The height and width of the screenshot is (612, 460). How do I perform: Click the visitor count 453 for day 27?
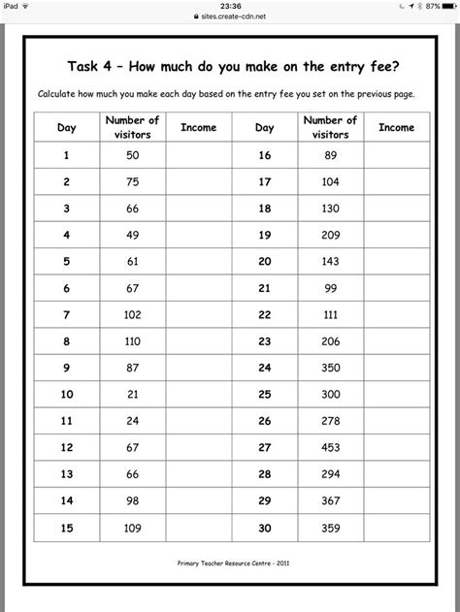pos(330,448)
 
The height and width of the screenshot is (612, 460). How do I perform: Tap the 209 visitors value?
pos(330,235)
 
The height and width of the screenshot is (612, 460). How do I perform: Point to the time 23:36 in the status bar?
pos(229,5)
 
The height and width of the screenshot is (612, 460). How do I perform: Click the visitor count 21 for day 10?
pos(133,395)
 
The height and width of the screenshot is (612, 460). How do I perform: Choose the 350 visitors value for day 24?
pos(330,369)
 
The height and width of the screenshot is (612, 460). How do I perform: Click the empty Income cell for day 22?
pos(396,315)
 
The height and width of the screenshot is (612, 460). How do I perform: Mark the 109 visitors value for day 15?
pos(133,529)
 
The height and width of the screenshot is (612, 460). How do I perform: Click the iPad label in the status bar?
pos(12,5)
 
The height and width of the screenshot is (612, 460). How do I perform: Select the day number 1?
pos(68,155)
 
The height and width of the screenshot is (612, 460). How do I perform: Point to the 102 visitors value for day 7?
pos(133,315)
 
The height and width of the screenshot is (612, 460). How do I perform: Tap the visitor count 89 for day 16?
pos(330,155)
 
